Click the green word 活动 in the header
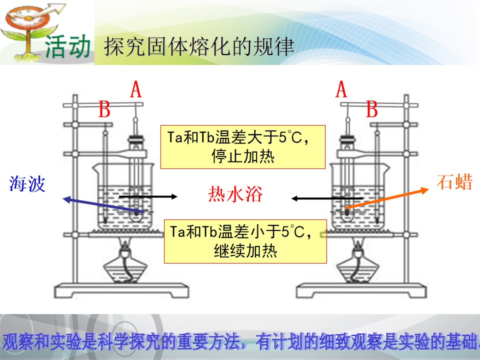tap(67, 46)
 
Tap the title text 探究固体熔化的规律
tap(199, 47)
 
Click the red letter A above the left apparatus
tap(136, 89)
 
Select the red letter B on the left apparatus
tap(104, 109)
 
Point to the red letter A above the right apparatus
tap(341, 89)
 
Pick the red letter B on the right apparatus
tap(372, 109)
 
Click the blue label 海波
tap(27, 183)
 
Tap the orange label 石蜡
tap(454, 182)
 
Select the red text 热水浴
tap(235, 194)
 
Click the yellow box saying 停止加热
tap(243, 147)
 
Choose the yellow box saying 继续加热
tap(245, 241)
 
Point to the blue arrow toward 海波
tap(103, 205)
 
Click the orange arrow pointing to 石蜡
tap(387, 198)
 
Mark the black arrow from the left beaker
tap(148, 196)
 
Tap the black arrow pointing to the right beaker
tap(327, 198)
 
